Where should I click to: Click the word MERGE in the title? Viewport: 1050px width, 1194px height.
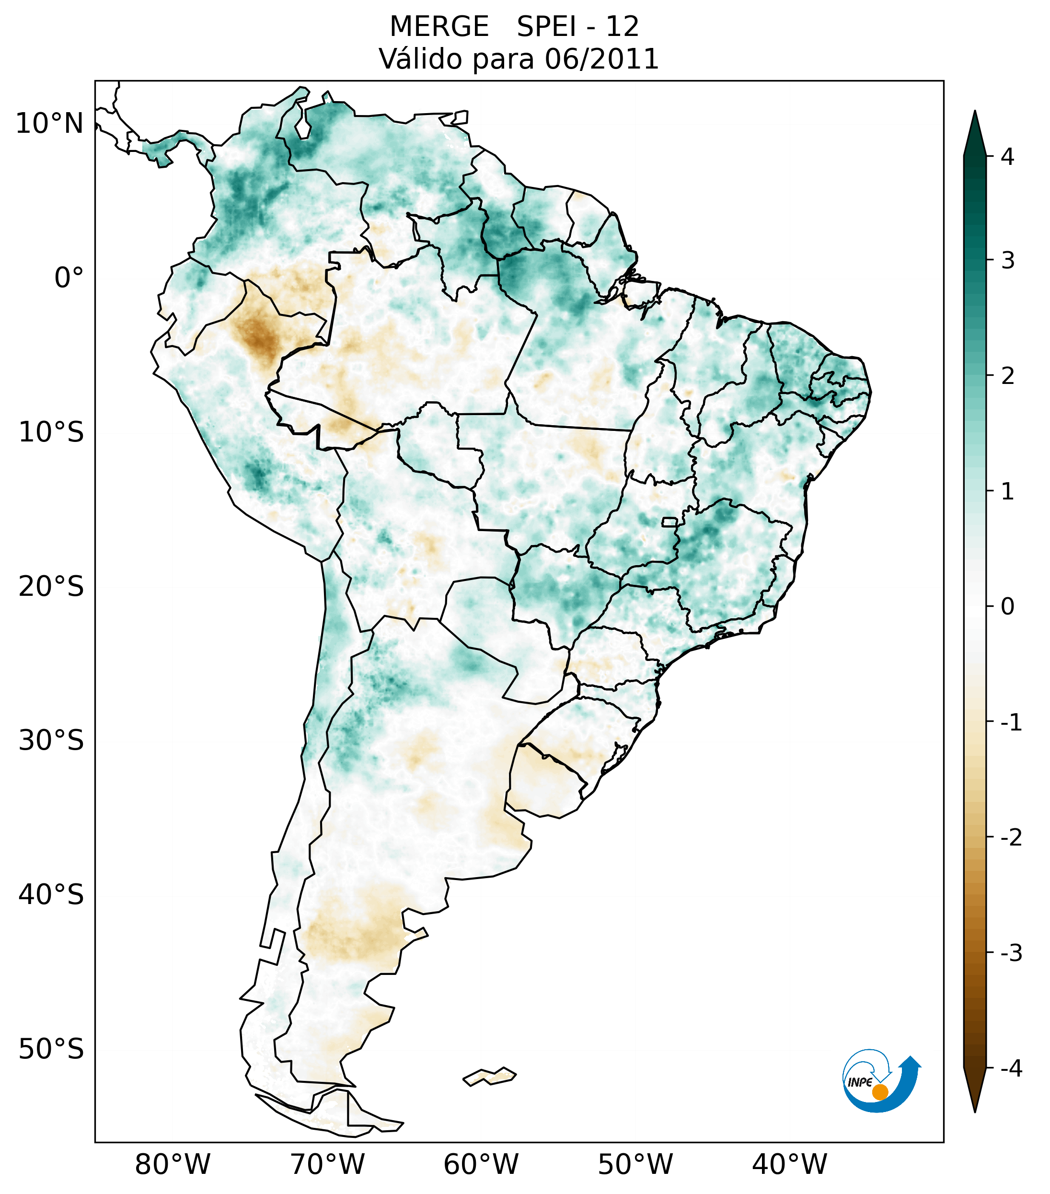[438, 27]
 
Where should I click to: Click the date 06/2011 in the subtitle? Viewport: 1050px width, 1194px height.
[601, 59]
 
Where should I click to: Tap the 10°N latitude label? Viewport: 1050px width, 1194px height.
[50, 124]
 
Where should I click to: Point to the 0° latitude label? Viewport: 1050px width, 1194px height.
[69, 278]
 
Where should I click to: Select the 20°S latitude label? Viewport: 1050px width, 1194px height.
[51, 587]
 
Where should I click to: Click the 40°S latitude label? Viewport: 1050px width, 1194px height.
[51, 895]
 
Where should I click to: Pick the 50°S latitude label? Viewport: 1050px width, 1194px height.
[51, 1049]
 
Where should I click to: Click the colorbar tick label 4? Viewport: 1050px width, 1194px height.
[1007, 157]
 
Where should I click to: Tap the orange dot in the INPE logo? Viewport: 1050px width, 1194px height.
[879, 1092]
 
